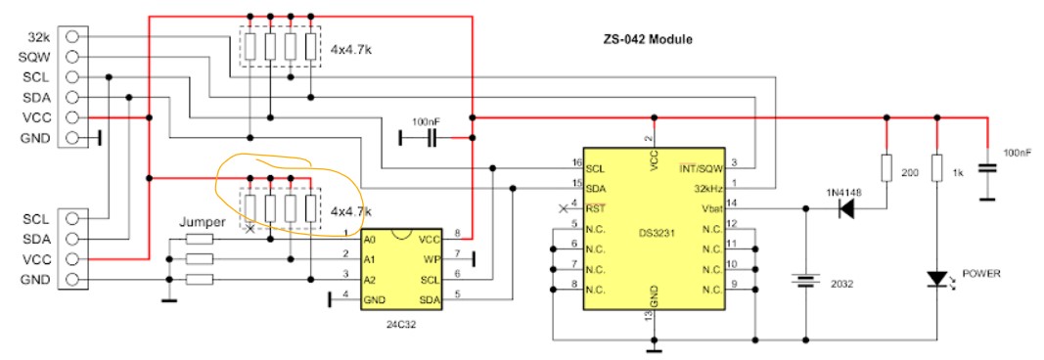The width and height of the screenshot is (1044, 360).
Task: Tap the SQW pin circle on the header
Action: click(x=74, y=56)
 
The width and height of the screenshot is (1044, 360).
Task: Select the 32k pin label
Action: click(x=39, y=36)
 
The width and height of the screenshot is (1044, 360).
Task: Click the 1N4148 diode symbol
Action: click(x=847, y=209)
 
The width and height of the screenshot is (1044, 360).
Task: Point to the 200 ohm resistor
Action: click(x=886, y=168)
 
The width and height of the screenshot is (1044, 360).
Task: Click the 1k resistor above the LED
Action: click(x=936, y=168)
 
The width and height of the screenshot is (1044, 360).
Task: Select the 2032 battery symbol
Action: click(x=805, y=281)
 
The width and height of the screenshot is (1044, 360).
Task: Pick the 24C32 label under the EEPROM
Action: click(x=401, y=326)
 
